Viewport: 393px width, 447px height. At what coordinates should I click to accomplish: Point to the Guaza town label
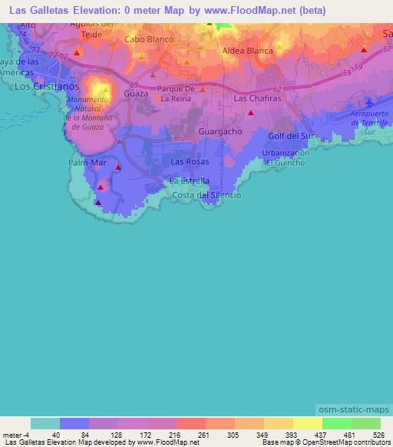pos(135,93)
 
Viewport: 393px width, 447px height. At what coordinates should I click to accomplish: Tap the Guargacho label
pos(220,131)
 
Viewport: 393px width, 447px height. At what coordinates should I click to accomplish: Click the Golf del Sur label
pos(292,136)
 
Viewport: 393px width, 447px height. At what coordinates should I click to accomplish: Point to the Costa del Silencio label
pos(207,195)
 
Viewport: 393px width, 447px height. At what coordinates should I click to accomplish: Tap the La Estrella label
pos(190,180)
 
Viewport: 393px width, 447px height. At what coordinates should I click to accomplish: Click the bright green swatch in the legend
pos(337,423)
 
